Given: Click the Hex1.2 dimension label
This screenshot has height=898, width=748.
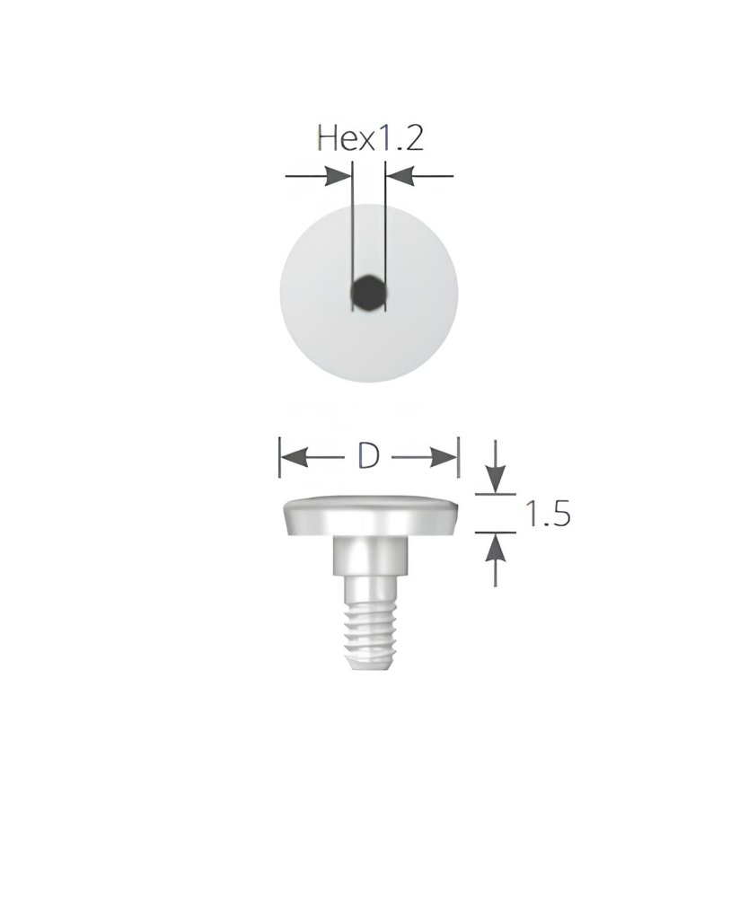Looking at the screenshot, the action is pos(371,138).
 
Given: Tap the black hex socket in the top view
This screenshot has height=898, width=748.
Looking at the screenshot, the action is pos(368,293).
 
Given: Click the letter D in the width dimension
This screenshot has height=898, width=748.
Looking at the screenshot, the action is pos(368,456).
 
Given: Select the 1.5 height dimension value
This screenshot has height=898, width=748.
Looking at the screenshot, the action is pos(548,513).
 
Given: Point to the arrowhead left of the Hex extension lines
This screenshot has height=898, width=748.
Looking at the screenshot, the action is pos(338,176).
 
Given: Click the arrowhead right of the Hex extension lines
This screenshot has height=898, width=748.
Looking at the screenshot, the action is pos(400,176).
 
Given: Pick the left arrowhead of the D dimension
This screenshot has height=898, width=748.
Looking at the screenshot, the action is pos(295,458).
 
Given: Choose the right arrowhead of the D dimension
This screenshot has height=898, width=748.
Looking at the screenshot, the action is pos(444,458).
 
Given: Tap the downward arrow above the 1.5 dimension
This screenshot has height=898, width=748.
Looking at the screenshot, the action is pos(496,466).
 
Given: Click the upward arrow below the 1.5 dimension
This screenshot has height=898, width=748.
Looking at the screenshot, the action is pos(496,559).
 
